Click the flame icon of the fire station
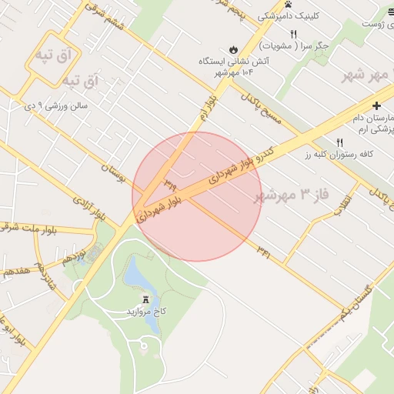[x=235, y=47]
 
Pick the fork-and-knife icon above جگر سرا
[x=292, y=34]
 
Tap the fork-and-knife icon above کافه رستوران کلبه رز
[x=339, y=142]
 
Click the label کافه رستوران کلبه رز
[x=339, y=154]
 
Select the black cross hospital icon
[x=376, y=105]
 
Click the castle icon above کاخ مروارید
[x=146, y=299]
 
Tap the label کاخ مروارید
[x=146, y=312]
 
